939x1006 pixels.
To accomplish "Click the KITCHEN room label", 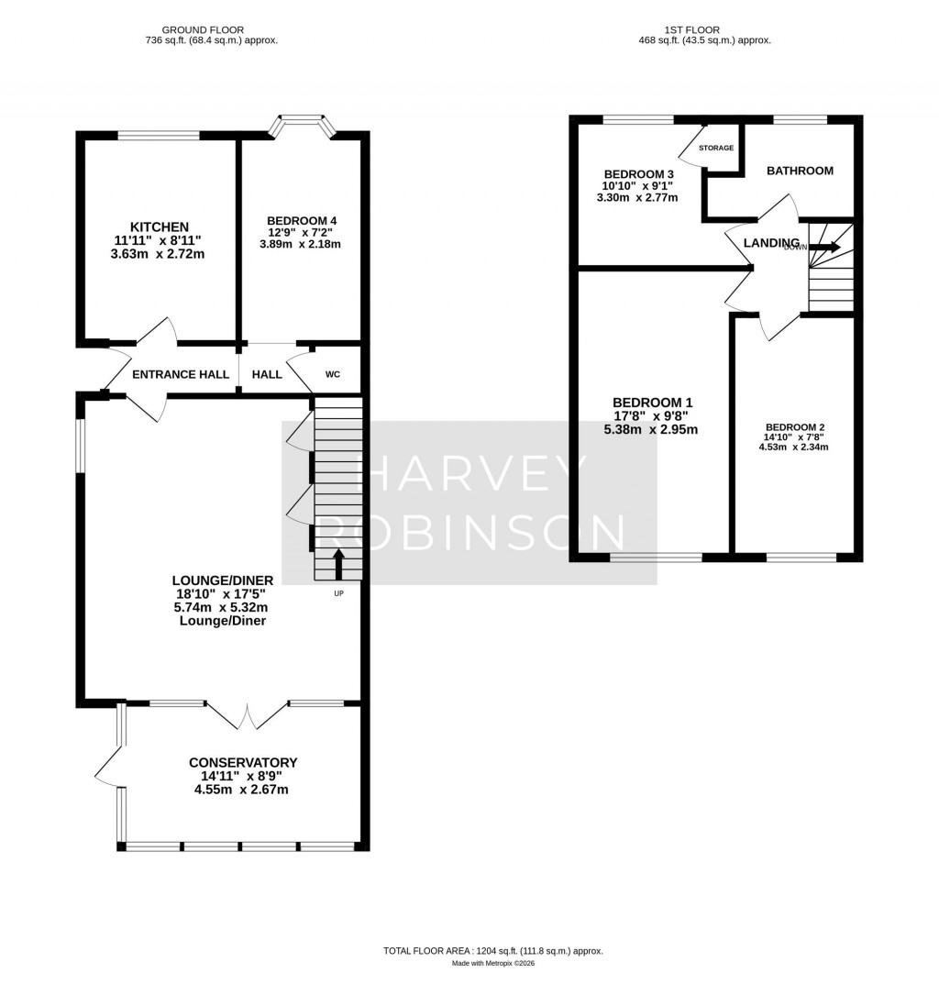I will point(160,227).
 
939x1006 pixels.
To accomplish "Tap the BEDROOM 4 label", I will point(302,221).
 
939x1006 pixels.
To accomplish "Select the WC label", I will point(332,374).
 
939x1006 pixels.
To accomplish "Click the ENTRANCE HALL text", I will point(177,374).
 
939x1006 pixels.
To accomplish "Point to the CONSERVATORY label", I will point(243,762).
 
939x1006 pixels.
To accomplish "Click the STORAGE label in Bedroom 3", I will point(716,148).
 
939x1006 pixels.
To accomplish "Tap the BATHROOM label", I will point(800,171).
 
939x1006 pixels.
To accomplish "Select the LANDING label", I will point(771,242).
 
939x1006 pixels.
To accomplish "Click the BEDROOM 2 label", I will point(795,427).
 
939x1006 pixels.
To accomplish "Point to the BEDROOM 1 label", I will point(652,403).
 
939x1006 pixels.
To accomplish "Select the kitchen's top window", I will point(159,136).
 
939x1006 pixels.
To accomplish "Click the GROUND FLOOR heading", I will point(212,29).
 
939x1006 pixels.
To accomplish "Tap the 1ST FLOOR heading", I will point(704,29).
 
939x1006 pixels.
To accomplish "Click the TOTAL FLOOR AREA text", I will point(493,952).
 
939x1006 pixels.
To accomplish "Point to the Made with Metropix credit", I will point(493,964).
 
